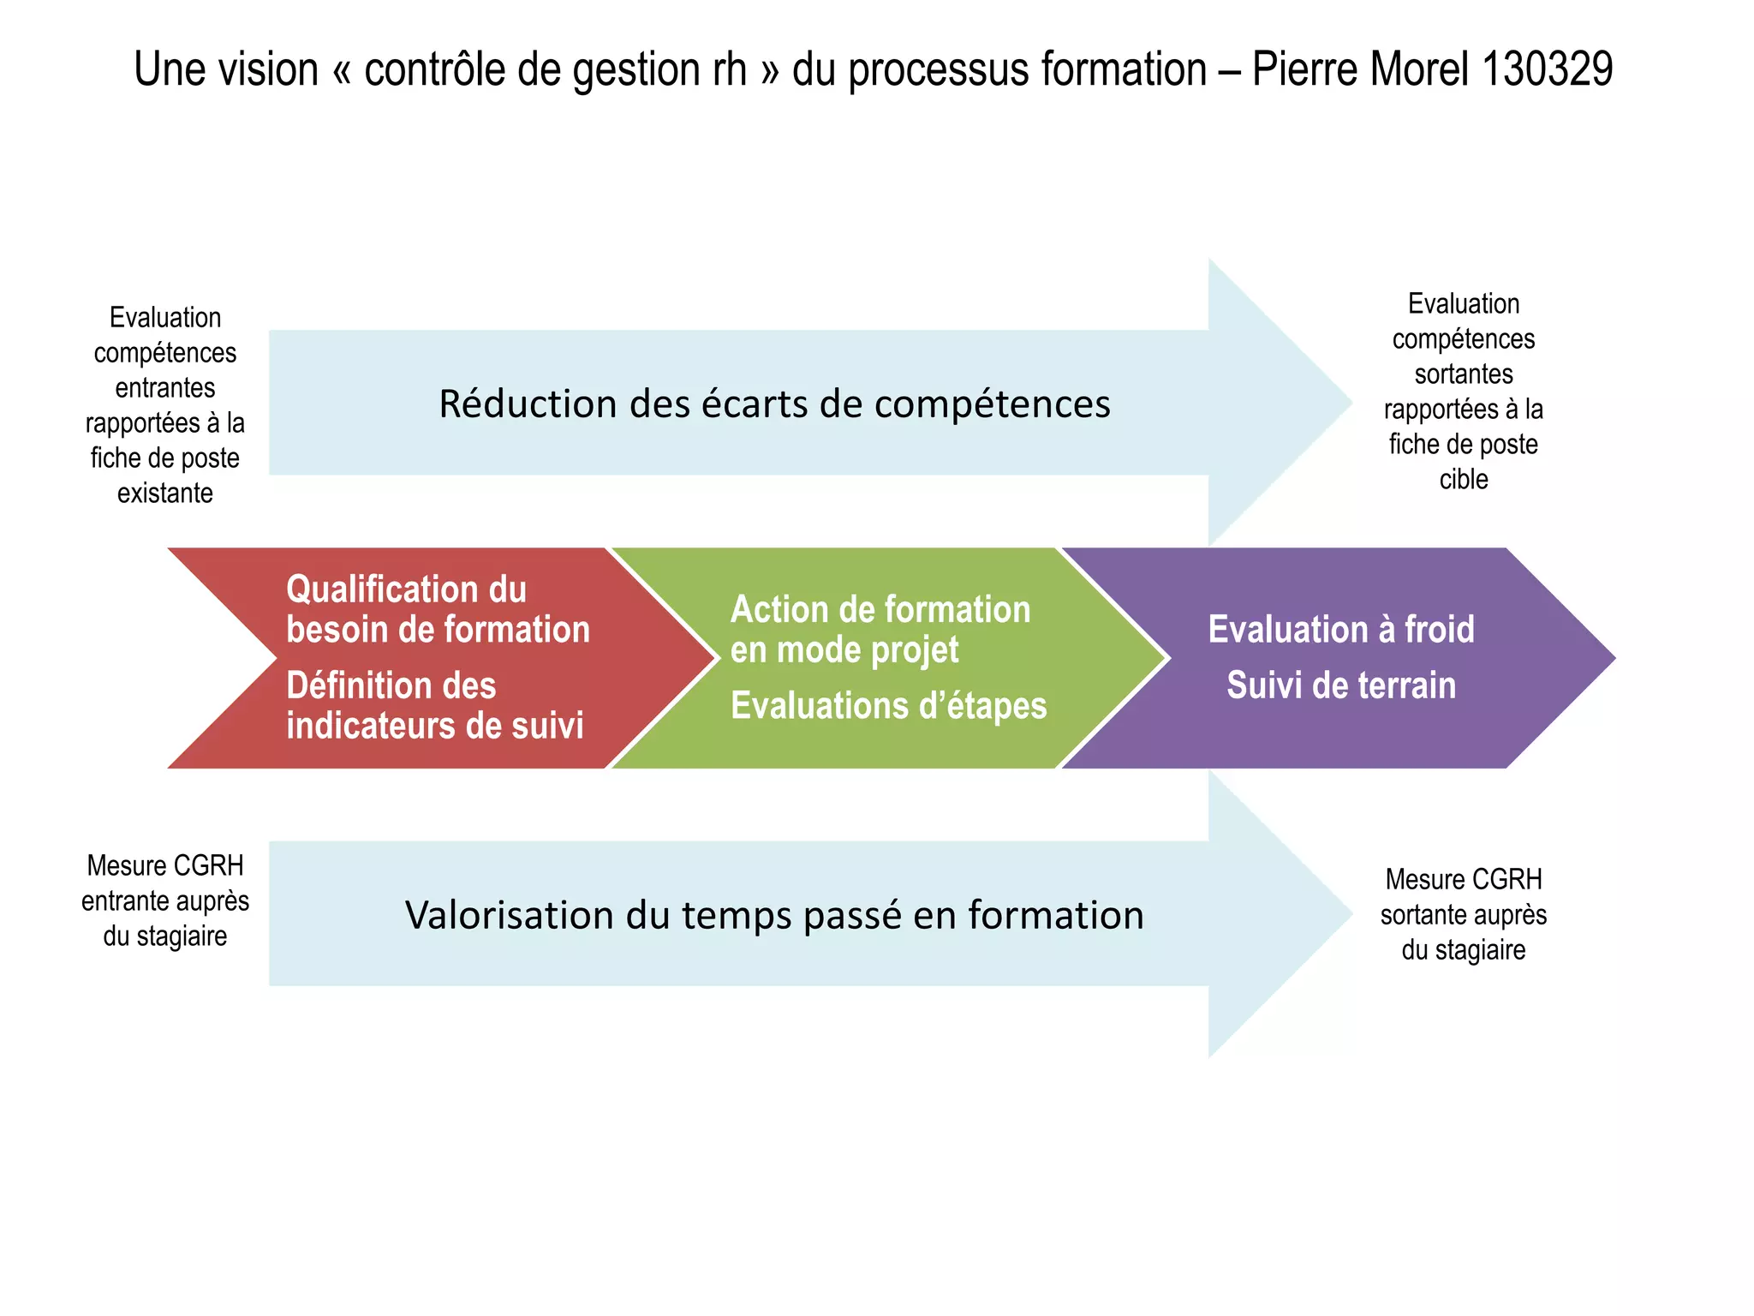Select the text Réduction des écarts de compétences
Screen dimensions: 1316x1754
click(774, 404)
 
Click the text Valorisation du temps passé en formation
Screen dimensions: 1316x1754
click(774, 915)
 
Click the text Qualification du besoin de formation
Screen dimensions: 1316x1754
click(438, 609)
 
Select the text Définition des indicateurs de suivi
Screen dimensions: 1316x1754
click(434, 705)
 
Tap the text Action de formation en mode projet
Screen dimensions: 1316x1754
click(880, 630)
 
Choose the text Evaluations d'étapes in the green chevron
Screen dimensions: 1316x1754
click(888, 706)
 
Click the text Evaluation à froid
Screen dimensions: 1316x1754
click(1340, 630)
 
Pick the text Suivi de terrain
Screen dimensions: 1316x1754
click(1340, 685)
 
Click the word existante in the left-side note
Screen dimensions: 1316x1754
click(165, 493)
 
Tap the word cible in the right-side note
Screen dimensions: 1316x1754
click(1463, 480)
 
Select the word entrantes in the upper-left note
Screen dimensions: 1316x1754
click(165, 388)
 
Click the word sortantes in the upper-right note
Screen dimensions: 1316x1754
click(1463, 374)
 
